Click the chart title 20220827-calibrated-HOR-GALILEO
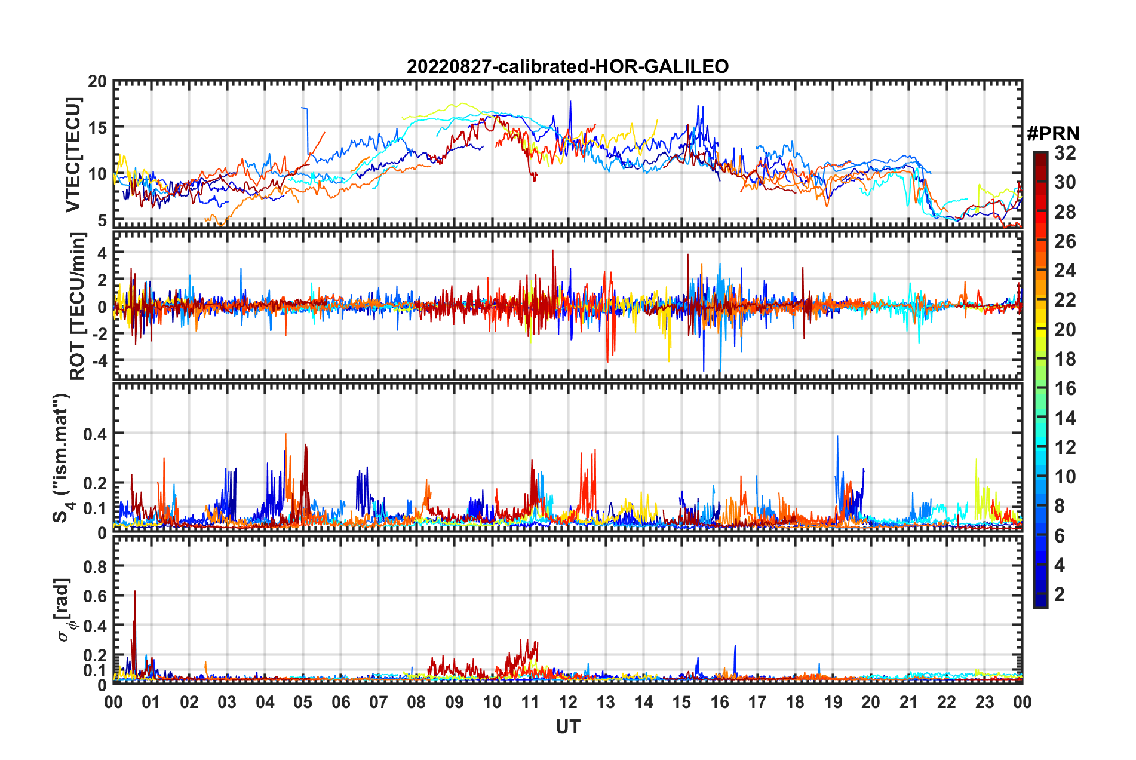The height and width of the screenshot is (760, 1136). pyautogui.click(x=567, y=66)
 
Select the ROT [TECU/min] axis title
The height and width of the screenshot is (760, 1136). pyautogui.click(x=78, y=306)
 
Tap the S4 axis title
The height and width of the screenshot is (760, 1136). pyautogui.click(x=62, y=457)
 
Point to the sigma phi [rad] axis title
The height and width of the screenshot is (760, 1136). pyautogui.click(x=65, y=609)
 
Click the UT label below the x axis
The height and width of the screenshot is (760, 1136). pyautogui.click(x=567, y=727)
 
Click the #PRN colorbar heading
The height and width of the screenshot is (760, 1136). pyautogui.click(x=1053, y=134)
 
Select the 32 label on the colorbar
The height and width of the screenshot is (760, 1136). pyautogui.click(x=1065, y=153)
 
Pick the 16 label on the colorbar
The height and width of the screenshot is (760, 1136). pyautogui.click(x=1065, y=388)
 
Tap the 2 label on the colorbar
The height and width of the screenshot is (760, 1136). pyautogui.click(x=1060, y=594)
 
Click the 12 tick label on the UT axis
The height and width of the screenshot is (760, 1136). pyautogui.click(x=567, y=702)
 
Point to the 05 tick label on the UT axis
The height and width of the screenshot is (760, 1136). pyautogui.click(x=303, y=702)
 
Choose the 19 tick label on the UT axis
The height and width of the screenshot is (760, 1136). pyautogui.click(x=833, y=702)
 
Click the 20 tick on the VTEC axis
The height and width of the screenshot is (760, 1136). pyautogui.click(x=97, y=82)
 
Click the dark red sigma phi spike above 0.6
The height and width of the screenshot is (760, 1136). pyautogui.click(x=135, y=593)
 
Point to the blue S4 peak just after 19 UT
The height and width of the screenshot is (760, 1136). pyautogui.click(x=837, y=437)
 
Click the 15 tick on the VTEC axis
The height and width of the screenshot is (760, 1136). pyautogui.click(x=97, y=128)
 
